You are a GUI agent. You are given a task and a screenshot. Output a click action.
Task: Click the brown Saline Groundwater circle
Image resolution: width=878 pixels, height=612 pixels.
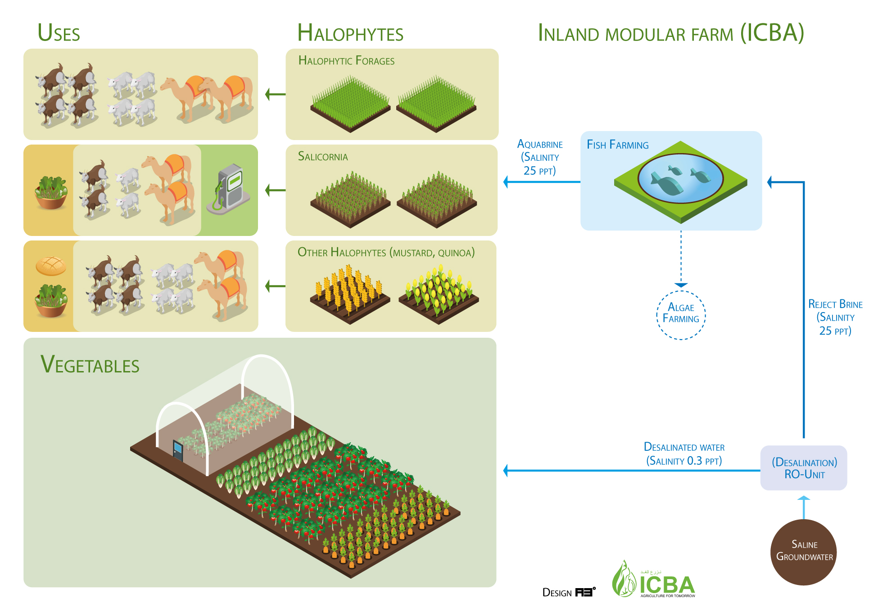click(x=803, y=552)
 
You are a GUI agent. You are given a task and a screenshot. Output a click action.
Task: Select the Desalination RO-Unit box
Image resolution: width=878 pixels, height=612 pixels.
click(x=804, y=468)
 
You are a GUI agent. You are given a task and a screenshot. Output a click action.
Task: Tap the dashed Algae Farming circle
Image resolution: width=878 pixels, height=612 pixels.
click(x=681, y=315)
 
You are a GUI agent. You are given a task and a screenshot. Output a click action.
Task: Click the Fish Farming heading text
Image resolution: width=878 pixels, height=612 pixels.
click(x=617, y=145)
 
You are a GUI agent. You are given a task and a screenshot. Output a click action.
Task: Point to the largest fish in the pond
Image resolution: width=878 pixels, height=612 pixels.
click(x=667, y=185)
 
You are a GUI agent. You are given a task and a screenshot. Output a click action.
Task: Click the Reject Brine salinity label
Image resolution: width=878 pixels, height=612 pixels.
click(x=835, y=317)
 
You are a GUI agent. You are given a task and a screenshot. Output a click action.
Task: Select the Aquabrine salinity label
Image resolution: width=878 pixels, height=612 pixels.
click(x=540, y=158)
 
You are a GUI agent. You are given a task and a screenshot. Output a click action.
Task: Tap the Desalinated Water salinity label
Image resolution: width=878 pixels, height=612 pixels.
click(x=684, y=454)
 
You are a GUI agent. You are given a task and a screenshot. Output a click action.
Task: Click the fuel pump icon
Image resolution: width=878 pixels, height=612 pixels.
click(x=229, y=189)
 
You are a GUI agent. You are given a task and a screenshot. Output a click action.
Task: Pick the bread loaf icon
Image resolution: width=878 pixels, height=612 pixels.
click(x=51, y=266)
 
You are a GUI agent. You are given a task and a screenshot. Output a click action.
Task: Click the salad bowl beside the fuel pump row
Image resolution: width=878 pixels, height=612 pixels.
click(x=51, y=193)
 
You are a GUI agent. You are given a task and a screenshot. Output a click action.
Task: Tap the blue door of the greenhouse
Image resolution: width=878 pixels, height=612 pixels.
click(x=178, y=450)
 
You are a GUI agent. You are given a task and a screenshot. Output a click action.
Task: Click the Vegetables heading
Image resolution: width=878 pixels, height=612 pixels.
click(x=90, y=365)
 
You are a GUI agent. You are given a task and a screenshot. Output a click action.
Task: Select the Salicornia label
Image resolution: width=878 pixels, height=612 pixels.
click(x=323, y=157)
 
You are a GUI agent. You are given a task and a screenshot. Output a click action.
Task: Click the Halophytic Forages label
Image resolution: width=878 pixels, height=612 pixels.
click(x=346, y=61)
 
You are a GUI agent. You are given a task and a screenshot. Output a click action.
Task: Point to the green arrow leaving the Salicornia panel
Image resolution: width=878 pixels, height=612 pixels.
click(x=275, y=190)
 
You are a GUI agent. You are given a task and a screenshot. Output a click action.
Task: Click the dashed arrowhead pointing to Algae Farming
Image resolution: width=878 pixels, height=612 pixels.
click(x=681, y=285)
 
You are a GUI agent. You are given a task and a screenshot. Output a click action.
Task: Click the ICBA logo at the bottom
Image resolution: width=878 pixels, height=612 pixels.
click(x=653, y=580)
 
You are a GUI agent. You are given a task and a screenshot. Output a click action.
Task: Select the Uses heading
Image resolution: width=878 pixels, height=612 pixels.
click(x=59, y=33)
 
